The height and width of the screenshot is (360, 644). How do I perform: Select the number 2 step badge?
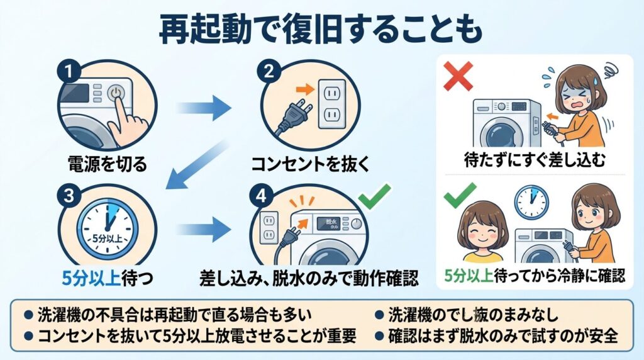click(269, 70)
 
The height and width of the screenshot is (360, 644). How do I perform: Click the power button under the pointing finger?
click(114, 94)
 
